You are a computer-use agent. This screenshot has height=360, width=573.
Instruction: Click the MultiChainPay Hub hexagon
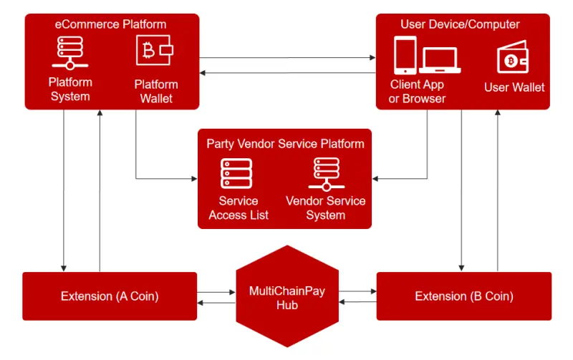tap(287, 296)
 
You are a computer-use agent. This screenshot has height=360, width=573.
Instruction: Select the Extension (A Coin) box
tap(110, 296)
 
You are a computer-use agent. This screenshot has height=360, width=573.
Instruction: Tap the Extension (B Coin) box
tap(464, 296)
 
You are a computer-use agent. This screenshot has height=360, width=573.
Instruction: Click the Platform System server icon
tap(70, 53)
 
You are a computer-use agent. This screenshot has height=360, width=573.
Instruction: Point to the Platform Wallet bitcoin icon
tap(155, 50)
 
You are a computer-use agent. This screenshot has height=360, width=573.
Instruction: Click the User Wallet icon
tap(513, 57)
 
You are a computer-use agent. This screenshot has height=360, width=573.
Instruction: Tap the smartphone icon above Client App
tap(405, 55)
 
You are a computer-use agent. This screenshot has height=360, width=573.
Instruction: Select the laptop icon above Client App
tap(440, 60)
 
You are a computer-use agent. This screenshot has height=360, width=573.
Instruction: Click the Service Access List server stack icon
tap(236, 173)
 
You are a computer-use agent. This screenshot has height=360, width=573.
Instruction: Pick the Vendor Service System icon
tap(327, 174)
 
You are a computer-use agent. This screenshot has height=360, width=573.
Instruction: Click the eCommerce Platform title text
tap(110, 24)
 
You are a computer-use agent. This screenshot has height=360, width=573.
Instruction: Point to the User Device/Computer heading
tap(460, 24)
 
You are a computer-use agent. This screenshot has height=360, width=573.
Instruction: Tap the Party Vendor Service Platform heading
tap(285, 143)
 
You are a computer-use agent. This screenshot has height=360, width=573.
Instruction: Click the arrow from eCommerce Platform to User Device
tap(288, 58)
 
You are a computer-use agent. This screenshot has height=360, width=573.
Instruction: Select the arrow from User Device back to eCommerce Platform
tap(288, 73)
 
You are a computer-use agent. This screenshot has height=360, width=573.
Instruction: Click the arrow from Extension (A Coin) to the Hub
tap(216, 292)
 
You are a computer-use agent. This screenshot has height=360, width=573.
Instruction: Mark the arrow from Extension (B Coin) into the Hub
tap(357, 302)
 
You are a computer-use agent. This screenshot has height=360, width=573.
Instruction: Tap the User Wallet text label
tap(514, 87)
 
